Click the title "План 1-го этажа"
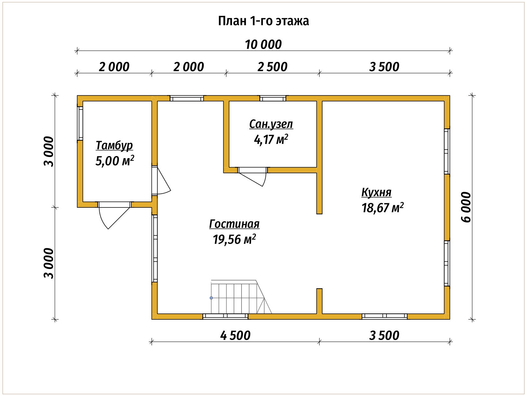pyautogui.click(x=263, y=21)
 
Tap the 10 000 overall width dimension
pyautogui.click(x=263, y=45)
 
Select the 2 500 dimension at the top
pyautogui.click(x=272, y=67)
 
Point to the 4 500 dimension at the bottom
pyautogui.click(x=235, y=336)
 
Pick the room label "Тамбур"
pyautogui.click(x=114, y=146)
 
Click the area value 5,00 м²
pyautogui.click(x=114, y=161)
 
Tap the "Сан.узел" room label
pyautogui.click(x=271, y=124)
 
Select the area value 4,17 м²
pyautogui.click(x=271, y=139)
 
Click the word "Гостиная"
pyautogui.click(x=234, y=224)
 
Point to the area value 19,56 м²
pyautogui.click(x=234, y=239)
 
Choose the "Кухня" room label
pyautogui.click(x=376, y=192)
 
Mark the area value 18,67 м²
pyautogui.click(x=382, y=208)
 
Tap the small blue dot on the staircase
pyautogui.click(x=211, y=298)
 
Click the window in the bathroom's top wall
pyautogui.click(x=273, y=99)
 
